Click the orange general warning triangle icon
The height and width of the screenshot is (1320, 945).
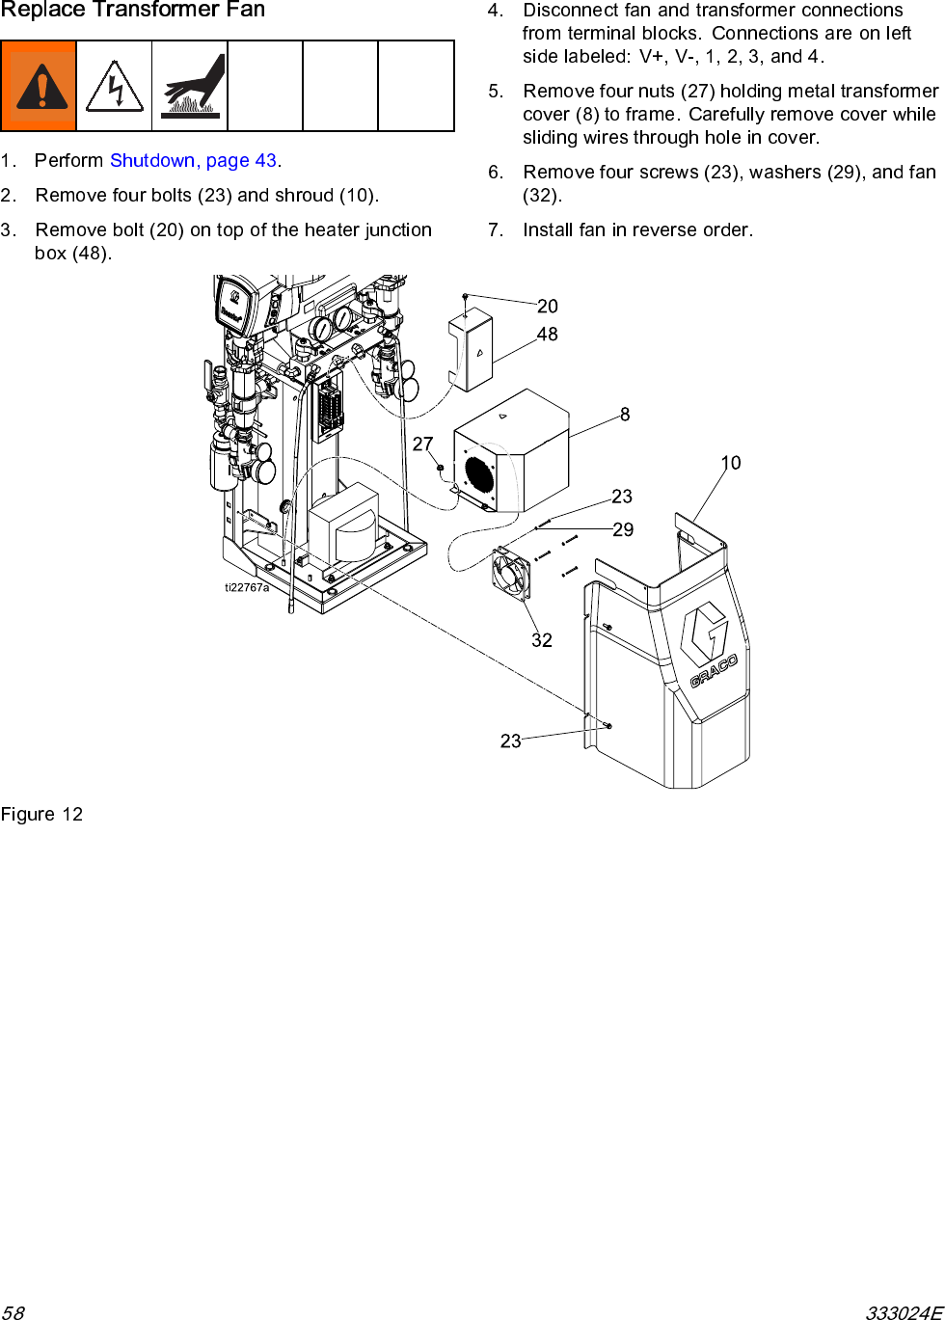point(39,87)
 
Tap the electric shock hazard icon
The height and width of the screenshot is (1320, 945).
point(114,87)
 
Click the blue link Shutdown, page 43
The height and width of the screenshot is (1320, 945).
point(193,160)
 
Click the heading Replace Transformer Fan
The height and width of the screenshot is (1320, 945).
point(133,11)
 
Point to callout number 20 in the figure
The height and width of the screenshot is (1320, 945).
point(547,307)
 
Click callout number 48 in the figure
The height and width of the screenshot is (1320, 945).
point(547,335)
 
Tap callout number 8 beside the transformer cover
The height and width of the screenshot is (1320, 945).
point(625,415)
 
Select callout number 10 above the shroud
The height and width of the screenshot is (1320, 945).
point(731,463)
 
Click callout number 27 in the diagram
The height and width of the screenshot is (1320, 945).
point(422,444)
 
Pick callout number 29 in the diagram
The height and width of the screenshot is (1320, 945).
point(623,529)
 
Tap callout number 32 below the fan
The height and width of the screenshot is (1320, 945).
point(542,640)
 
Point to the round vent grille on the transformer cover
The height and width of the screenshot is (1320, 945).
point(478,474)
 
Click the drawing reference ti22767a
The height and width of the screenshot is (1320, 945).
point(247,587)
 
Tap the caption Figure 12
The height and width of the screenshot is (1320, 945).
point(41,815)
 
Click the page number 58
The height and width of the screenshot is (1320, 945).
point(13,1312)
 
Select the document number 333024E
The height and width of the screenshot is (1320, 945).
point(903,1312)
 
